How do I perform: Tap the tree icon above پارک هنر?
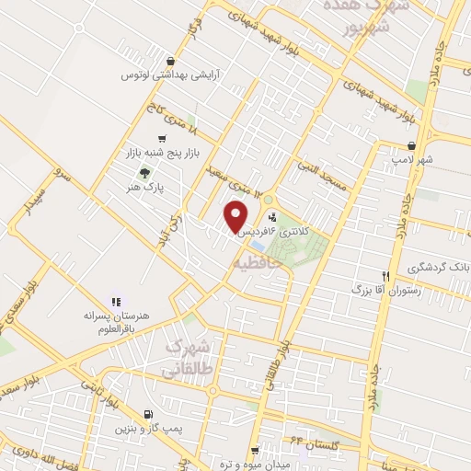tap(143, 172)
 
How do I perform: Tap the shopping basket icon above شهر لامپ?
tap(410, 145)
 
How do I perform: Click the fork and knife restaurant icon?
tap(387, 275)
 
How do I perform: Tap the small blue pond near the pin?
tap(258, 246)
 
